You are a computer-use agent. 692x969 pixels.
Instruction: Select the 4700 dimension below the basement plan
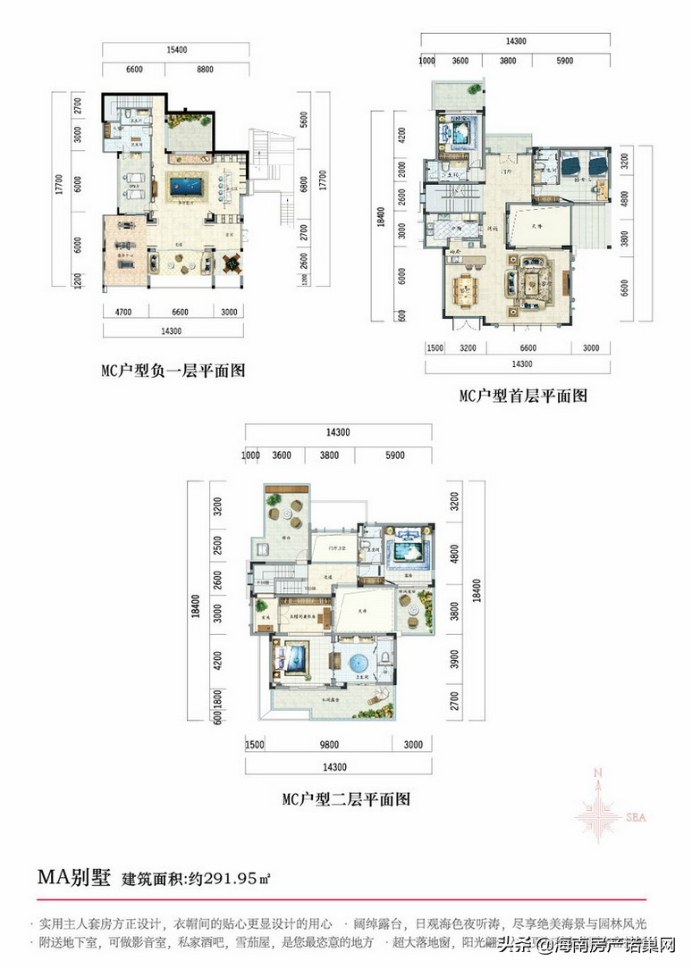(123, 312)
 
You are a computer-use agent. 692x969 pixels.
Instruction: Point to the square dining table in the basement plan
(231, 263)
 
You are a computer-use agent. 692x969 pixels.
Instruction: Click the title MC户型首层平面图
(523, 394)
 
